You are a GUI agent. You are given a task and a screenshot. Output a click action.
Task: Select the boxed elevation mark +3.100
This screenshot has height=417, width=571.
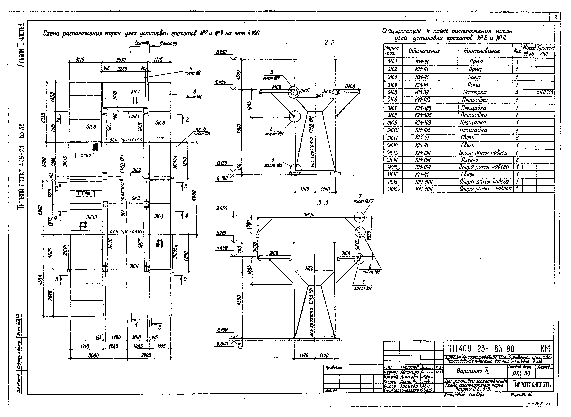tap(85, 194)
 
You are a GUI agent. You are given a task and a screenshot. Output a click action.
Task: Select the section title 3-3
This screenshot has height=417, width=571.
tap(322, 203)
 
